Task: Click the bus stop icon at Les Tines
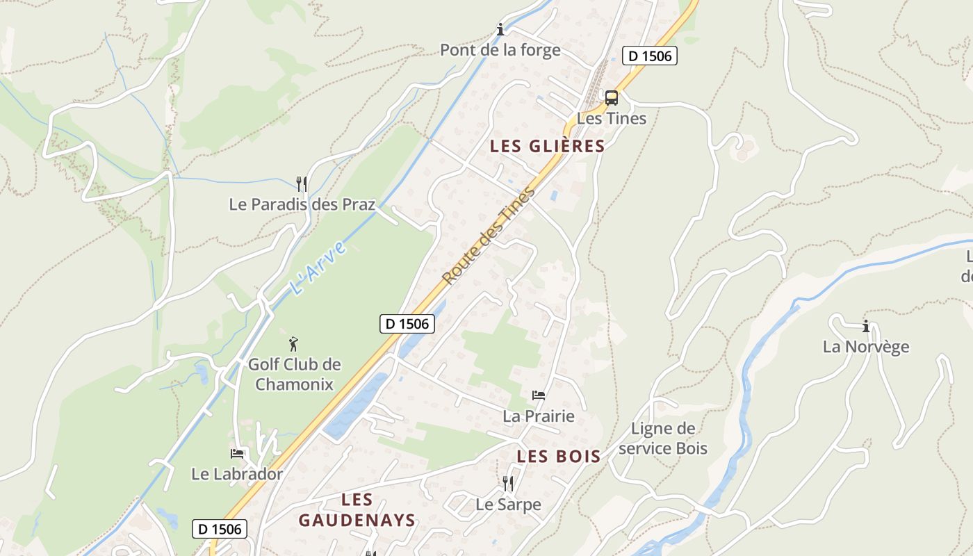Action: pyautogui.click(x=612, y=98)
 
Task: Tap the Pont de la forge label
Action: pyautogui.click(x=500, y=50)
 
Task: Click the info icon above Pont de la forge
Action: pyautogui.click(x=500, y=29)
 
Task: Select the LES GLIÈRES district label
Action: pyautogui.click(x=548, y=146)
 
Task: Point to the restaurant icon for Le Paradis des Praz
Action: pyautogui.click(x=302, y=184)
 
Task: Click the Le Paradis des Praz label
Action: pyautogui.click(x=302, y=204)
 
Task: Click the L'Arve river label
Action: pyautogui.click(x=317, y=268)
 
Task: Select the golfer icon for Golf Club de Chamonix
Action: pyautogui.click(x=294, y=343)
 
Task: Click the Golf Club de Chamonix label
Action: pyautogui.click(x=295, y=374)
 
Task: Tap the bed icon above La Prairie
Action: pyautogui.click(x=539, y=395)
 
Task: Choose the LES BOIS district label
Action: pyautogui.click(x=559, y=456)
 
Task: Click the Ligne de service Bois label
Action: pyautogui.click(x=663, y=438)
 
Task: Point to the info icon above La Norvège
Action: pyautogui.click(x=866, y=326)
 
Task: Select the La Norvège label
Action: pyautogui.click(x=866, y=346)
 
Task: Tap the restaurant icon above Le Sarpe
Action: pyautogui.click(x=508, y=483)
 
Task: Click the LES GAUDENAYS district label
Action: pyautogui.click(x=357, y=509)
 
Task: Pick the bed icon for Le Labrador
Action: pyautogui.click(x=237, y=454)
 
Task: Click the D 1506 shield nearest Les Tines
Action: pyautogui.click(x=649, y=56)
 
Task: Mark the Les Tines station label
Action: pyautogui.click(x=612, y=118)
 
